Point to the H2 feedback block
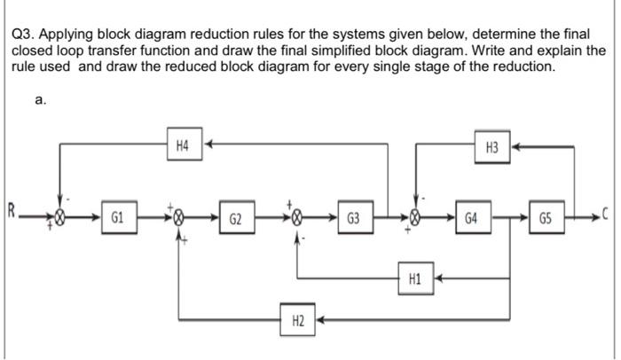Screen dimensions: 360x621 pos(298,318)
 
